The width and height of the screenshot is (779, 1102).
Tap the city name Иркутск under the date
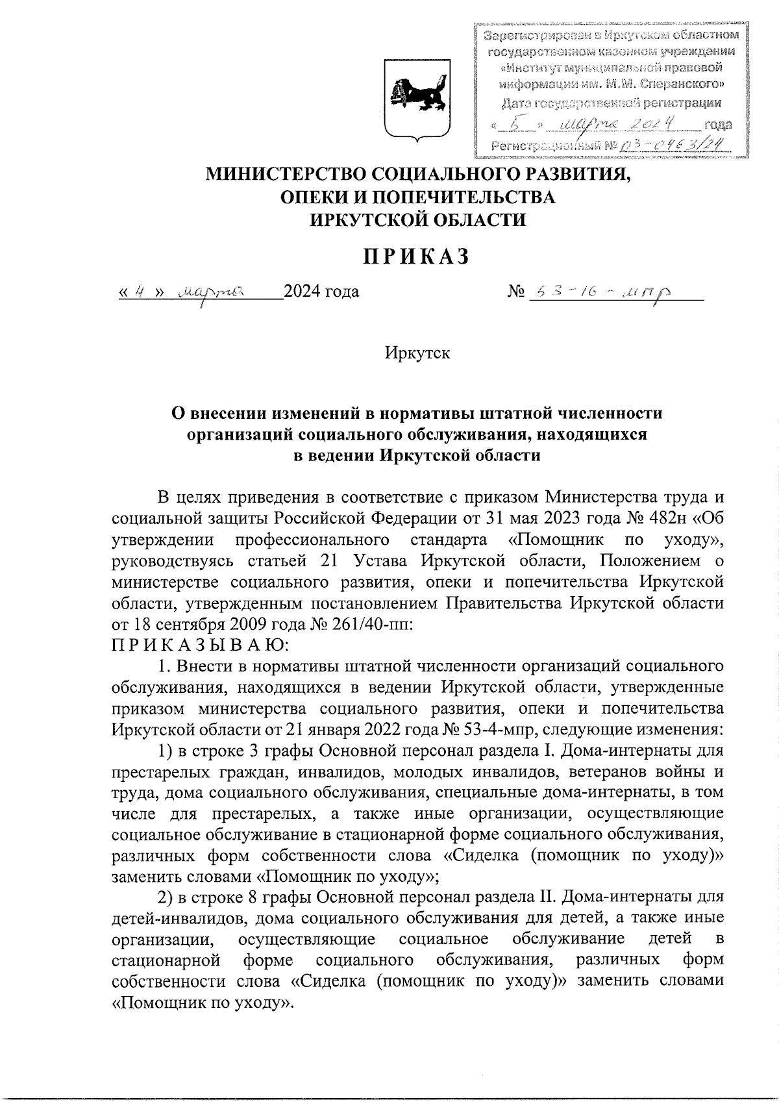[417, 354]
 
